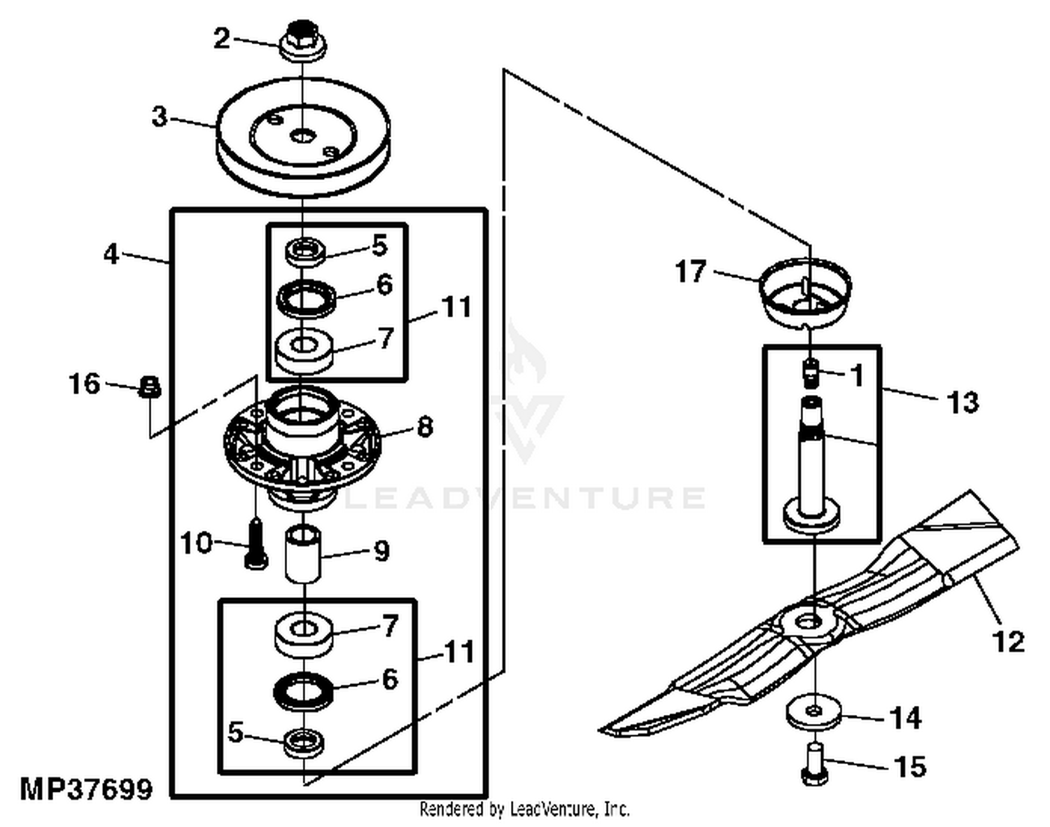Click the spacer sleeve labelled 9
[x=302, y=555]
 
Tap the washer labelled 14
[x=813, y=712]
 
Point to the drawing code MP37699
[x=86, y=789]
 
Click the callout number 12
[x=1008, y=641]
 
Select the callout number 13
[x=962, y=402]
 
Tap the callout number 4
[x=111, y=254]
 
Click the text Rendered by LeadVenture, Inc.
[x=524, y=809]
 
